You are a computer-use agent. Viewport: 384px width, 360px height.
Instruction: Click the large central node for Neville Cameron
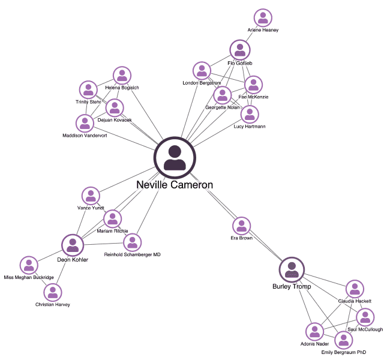pos(175,158)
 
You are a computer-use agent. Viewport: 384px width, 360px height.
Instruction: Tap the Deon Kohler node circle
pos(73,244)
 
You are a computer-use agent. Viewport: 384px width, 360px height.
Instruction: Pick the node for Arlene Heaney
pos(263,18)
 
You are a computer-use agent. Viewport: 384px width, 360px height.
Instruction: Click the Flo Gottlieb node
pos(240,50)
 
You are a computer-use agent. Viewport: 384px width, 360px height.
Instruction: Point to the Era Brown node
pos(241,226)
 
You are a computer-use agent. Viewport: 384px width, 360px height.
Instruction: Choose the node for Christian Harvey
pos(53,292)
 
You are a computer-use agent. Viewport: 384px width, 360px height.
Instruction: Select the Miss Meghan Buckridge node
pos(29,265)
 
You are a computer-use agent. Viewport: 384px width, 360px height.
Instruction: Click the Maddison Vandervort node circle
pos(85,123)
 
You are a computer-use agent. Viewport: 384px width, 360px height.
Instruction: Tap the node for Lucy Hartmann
pos(250,114)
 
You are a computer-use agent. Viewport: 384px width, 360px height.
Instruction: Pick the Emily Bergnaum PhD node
pos(343,340)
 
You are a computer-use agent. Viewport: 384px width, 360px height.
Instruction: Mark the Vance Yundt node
pos(91,196)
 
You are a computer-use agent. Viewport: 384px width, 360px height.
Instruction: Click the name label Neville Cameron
pos(175,185)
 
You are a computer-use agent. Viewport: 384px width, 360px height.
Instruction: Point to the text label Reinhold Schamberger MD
pos(132,254)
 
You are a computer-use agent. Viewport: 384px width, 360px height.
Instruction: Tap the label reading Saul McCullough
pos(365,329)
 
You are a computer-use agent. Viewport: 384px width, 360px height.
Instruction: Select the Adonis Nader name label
pos(314,344)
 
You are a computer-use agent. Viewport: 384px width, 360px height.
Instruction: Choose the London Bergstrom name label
pos(202,82)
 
